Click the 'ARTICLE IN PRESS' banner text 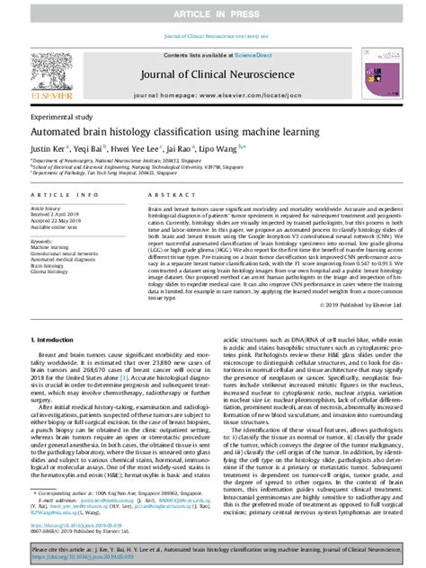(x=214, y=10)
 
